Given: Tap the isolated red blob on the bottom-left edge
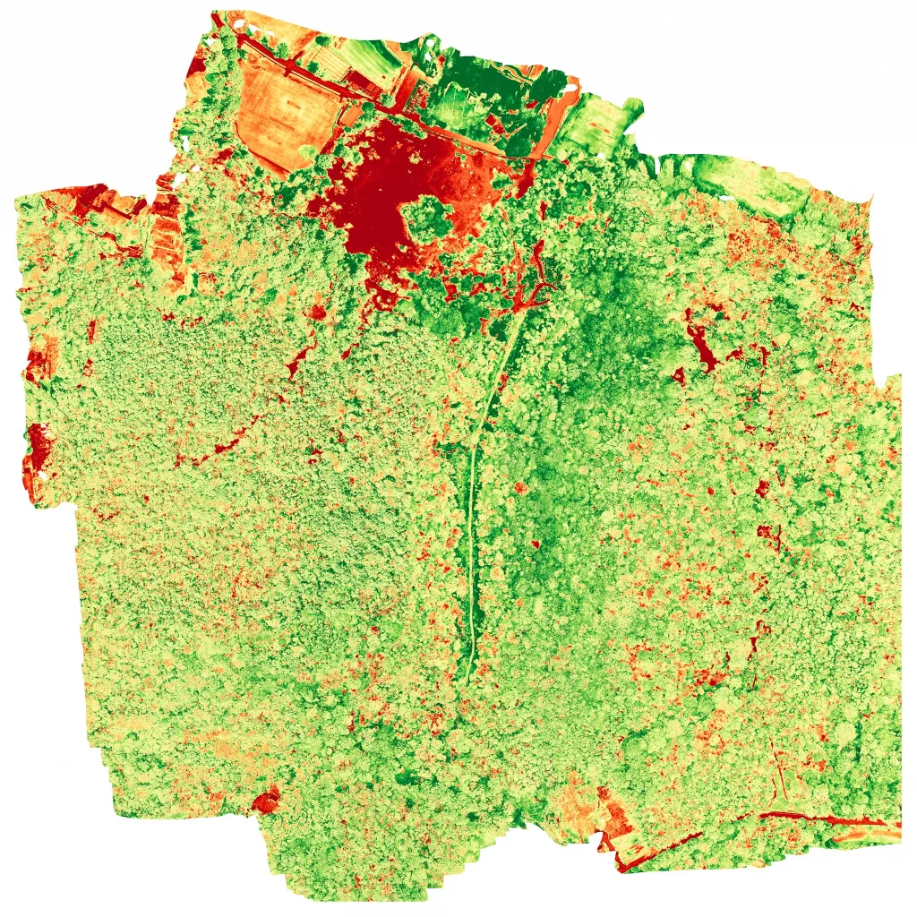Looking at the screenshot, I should (x=266, y=800).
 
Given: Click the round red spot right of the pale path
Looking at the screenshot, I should (x=518, y=488).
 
